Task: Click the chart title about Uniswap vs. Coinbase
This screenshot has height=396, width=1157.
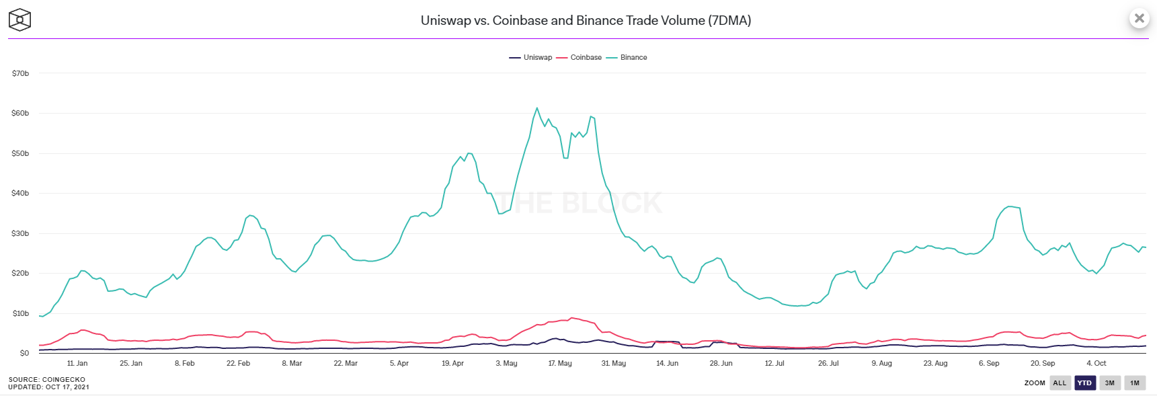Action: pos(586,20)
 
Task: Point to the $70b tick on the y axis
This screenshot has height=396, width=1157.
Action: pos(21,73)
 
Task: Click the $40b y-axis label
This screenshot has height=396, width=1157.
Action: pos(21,194)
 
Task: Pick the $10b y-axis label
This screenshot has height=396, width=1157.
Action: pos(21,313)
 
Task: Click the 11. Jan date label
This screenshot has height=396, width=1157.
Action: pos(77,363)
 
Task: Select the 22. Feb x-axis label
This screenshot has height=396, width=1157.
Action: pos(238,363)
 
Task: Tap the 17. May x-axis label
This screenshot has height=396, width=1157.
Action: pos(560,363)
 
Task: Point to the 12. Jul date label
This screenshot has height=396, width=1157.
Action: pos(774,363)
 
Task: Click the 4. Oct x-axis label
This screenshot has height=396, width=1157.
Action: pos(1096,363)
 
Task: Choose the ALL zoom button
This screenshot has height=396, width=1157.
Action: pos(1060,383)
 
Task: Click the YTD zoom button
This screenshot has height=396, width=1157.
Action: pos(1084,383)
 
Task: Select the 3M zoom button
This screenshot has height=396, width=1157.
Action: pos(1110,383)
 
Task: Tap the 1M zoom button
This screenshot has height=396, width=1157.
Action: pos(1135,383)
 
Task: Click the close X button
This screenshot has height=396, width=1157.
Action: pos(1139,18)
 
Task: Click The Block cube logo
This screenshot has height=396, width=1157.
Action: pos(19,19)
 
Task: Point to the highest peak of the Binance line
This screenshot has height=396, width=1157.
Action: pos(536,108)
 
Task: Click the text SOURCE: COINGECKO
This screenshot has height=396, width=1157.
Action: pos(47,379)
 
